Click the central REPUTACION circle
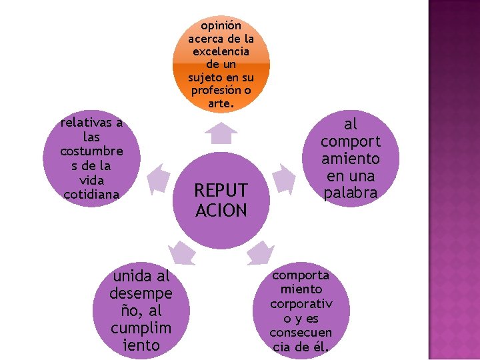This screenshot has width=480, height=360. click(x=221, y=193)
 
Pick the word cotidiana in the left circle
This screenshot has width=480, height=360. click(x=91, y=194)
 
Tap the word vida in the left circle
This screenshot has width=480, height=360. click(x=91, y=180)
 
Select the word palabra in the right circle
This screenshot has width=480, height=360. click(x=350, y=193)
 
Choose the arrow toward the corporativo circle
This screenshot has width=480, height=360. click(x=261, y=253)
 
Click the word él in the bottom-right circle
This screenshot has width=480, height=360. click(x=321, y=346)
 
